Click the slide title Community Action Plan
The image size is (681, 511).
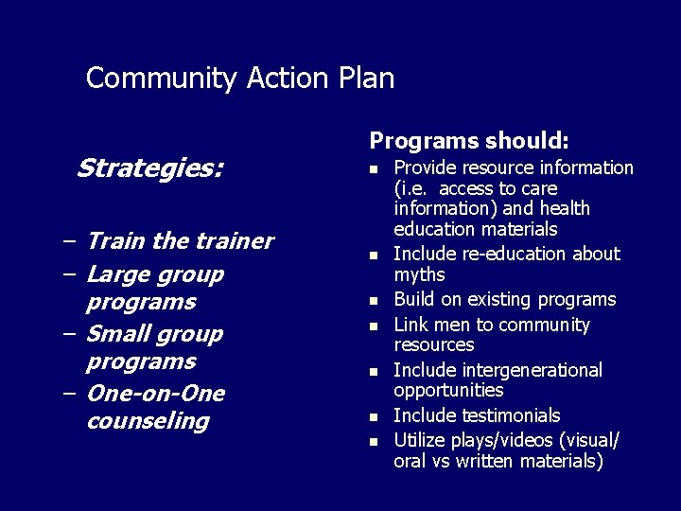(239, 78)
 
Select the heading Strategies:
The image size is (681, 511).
(149, 168)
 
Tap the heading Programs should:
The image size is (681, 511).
(469, 140)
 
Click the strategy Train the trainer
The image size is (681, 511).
(179, 241)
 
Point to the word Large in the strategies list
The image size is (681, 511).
(118, 274)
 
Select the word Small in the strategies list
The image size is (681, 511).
(118, 334)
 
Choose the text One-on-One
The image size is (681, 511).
(155, 393)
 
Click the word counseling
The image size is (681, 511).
(147, 420)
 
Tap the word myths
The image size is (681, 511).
(419, 274)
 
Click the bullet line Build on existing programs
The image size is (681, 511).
(504, 300)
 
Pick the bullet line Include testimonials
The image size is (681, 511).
(477, 415)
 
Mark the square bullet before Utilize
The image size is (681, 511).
(374, 441)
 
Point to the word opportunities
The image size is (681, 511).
(448, 390)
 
